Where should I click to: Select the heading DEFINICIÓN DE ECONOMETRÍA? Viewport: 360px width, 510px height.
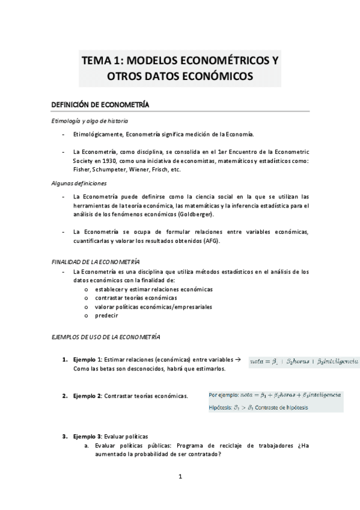pos(99,105)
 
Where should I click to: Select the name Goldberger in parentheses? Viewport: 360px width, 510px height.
pos(193,214)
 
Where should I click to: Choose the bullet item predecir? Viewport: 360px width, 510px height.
pos(106,315)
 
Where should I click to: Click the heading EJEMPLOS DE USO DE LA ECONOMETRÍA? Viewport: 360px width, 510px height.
pos(105,337)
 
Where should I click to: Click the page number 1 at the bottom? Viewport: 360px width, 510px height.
pos(180,478)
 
